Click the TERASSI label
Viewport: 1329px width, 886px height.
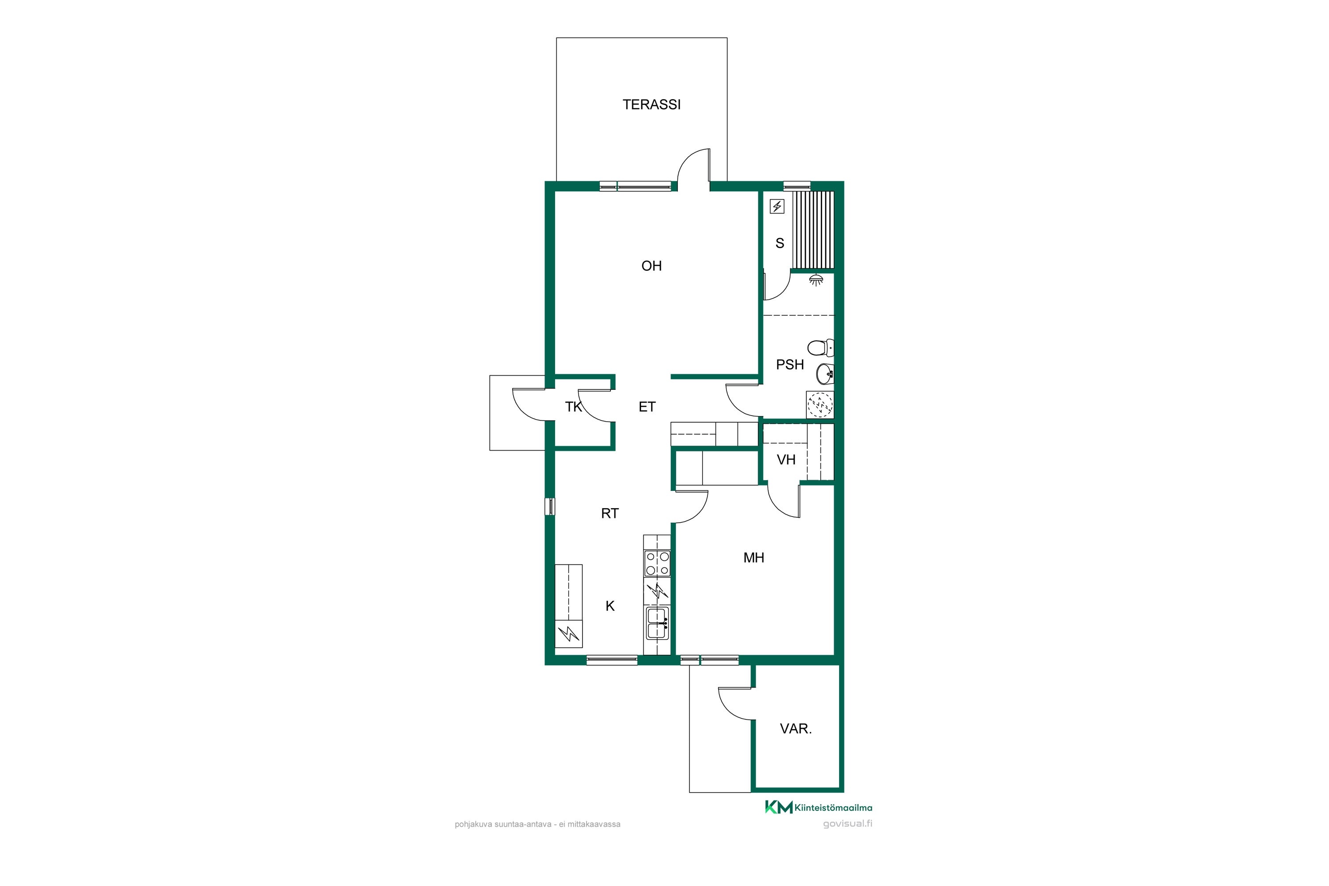(x=652, y=105)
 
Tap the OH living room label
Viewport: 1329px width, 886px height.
(x=652, y=265)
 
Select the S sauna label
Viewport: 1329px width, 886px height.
(x=780, y=243)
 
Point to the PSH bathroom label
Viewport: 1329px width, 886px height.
(x=790, y=365)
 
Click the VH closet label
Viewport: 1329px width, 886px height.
(x=786, y=459)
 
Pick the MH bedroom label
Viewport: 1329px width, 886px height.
(x=754, y=558)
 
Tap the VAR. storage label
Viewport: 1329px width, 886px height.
(x=796, y=729)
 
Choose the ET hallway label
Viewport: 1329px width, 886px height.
(x=647, y=406)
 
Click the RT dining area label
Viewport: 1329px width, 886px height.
(x=610, y=513)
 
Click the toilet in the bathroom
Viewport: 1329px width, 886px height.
(x=821, y=347)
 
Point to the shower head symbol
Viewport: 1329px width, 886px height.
(x=816, y=280)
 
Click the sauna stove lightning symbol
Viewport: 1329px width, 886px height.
(x=777, y=207)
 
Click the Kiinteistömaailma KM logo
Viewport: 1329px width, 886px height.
(x=818, y=808)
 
